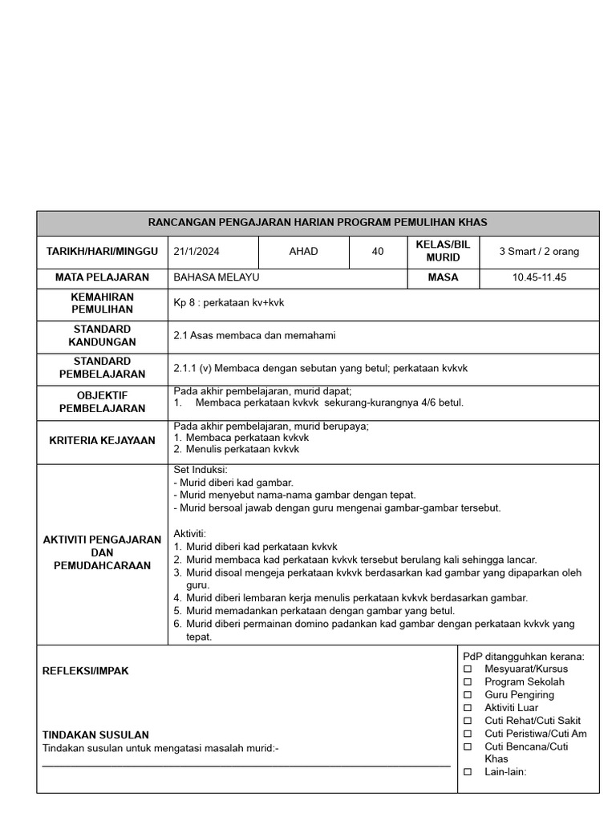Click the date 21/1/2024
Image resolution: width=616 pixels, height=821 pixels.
click(x=197, y=252)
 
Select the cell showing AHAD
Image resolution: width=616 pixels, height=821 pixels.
click(x=303, y=252)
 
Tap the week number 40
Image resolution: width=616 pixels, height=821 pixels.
click(x=378, y=252)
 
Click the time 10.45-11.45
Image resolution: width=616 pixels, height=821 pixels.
click(x=539, y=277)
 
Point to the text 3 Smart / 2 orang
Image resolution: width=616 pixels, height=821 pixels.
click(x=539, y=252)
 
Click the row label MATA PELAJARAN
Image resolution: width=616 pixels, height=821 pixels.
click(x=102, y=277)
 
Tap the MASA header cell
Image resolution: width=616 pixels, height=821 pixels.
click(x=444, y=277)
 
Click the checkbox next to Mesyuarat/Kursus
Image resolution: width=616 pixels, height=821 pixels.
click(x=468, y=669)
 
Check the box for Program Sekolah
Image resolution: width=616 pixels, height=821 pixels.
click(x=468, y=682)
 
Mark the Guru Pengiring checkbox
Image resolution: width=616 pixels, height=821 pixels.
click(x=468, y=695)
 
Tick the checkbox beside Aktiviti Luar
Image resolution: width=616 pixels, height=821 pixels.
click(x=468, y=708)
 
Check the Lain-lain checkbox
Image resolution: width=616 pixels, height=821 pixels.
click(x=468, y=772)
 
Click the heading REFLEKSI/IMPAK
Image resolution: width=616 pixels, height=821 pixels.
click(x=86, y=671)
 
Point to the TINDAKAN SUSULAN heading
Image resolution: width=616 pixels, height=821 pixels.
click(x=95, y=735)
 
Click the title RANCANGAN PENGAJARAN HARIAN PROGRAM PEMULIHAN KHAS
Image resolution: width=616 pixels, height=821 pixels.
click(x=318, y=223)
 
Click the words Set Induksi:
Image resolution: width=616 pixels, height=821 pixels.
click(x=201, y=470)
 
